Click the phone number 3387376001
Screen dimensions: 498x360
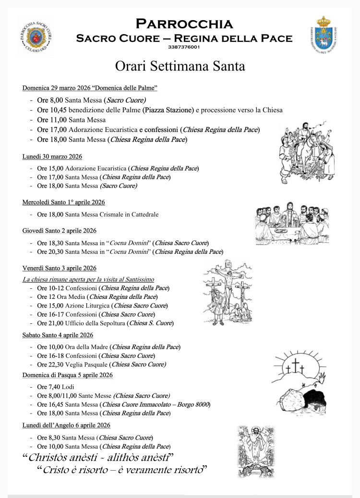click(x=184, y=47)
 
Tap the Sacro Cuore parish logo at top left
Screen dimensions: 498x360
click(x=35, y=36)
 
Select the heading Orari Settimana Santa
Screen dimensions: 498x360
click(x=180, y=66)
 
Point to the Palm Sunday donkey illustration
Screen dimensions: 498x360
click(x=307, y=151)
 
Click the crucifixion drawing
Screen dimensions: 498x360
click(x=228, y=293)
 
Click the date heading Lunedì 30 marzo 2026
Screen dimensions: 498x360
click(x=52, y=156)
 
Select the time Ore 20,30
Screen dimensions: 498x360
click(x=50, y=251)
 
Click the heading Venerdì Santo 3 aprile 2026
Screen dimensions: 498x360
click(x=60, y=268)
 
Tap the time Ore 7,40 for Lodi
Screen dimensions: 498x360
click(x=48, y=387)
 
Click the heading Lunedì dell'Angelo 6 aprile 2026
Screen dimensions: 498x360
click(x=66, y=425)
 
